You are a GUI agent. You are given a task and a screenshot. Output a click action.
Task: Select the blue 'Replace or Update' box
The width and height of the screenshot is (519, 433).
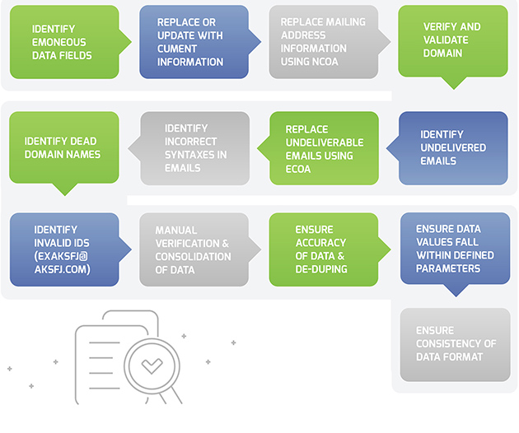(194, 41)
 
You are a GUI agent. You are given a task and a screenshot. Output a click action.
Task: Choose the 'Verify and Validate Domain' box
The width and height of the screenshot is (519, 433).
(452, 40)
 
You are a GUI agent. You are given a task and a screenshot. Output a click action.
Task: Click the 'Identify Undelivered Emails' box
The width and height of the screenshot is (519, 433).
(452, 147)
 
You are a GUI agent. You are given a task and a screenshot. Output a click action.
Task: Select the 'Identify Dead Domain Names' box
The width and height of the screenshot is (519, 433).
(64, 147)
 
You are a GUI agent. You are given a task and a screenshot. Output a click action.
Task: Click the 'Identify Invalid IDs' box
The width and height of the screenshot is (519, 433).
(64, 249)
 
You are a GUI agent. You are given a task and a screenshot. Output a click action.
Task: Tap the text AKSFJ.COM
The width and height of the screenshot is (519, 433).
(61, 268)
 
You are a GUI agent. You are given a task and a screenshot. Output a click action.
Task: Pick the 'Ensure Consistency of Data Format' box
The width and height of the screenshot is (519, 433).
(455, 344)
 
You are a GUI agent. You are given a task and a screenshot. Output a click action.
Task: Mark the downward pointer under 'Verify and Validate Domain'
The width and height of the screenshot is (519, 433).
(453, 82)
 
